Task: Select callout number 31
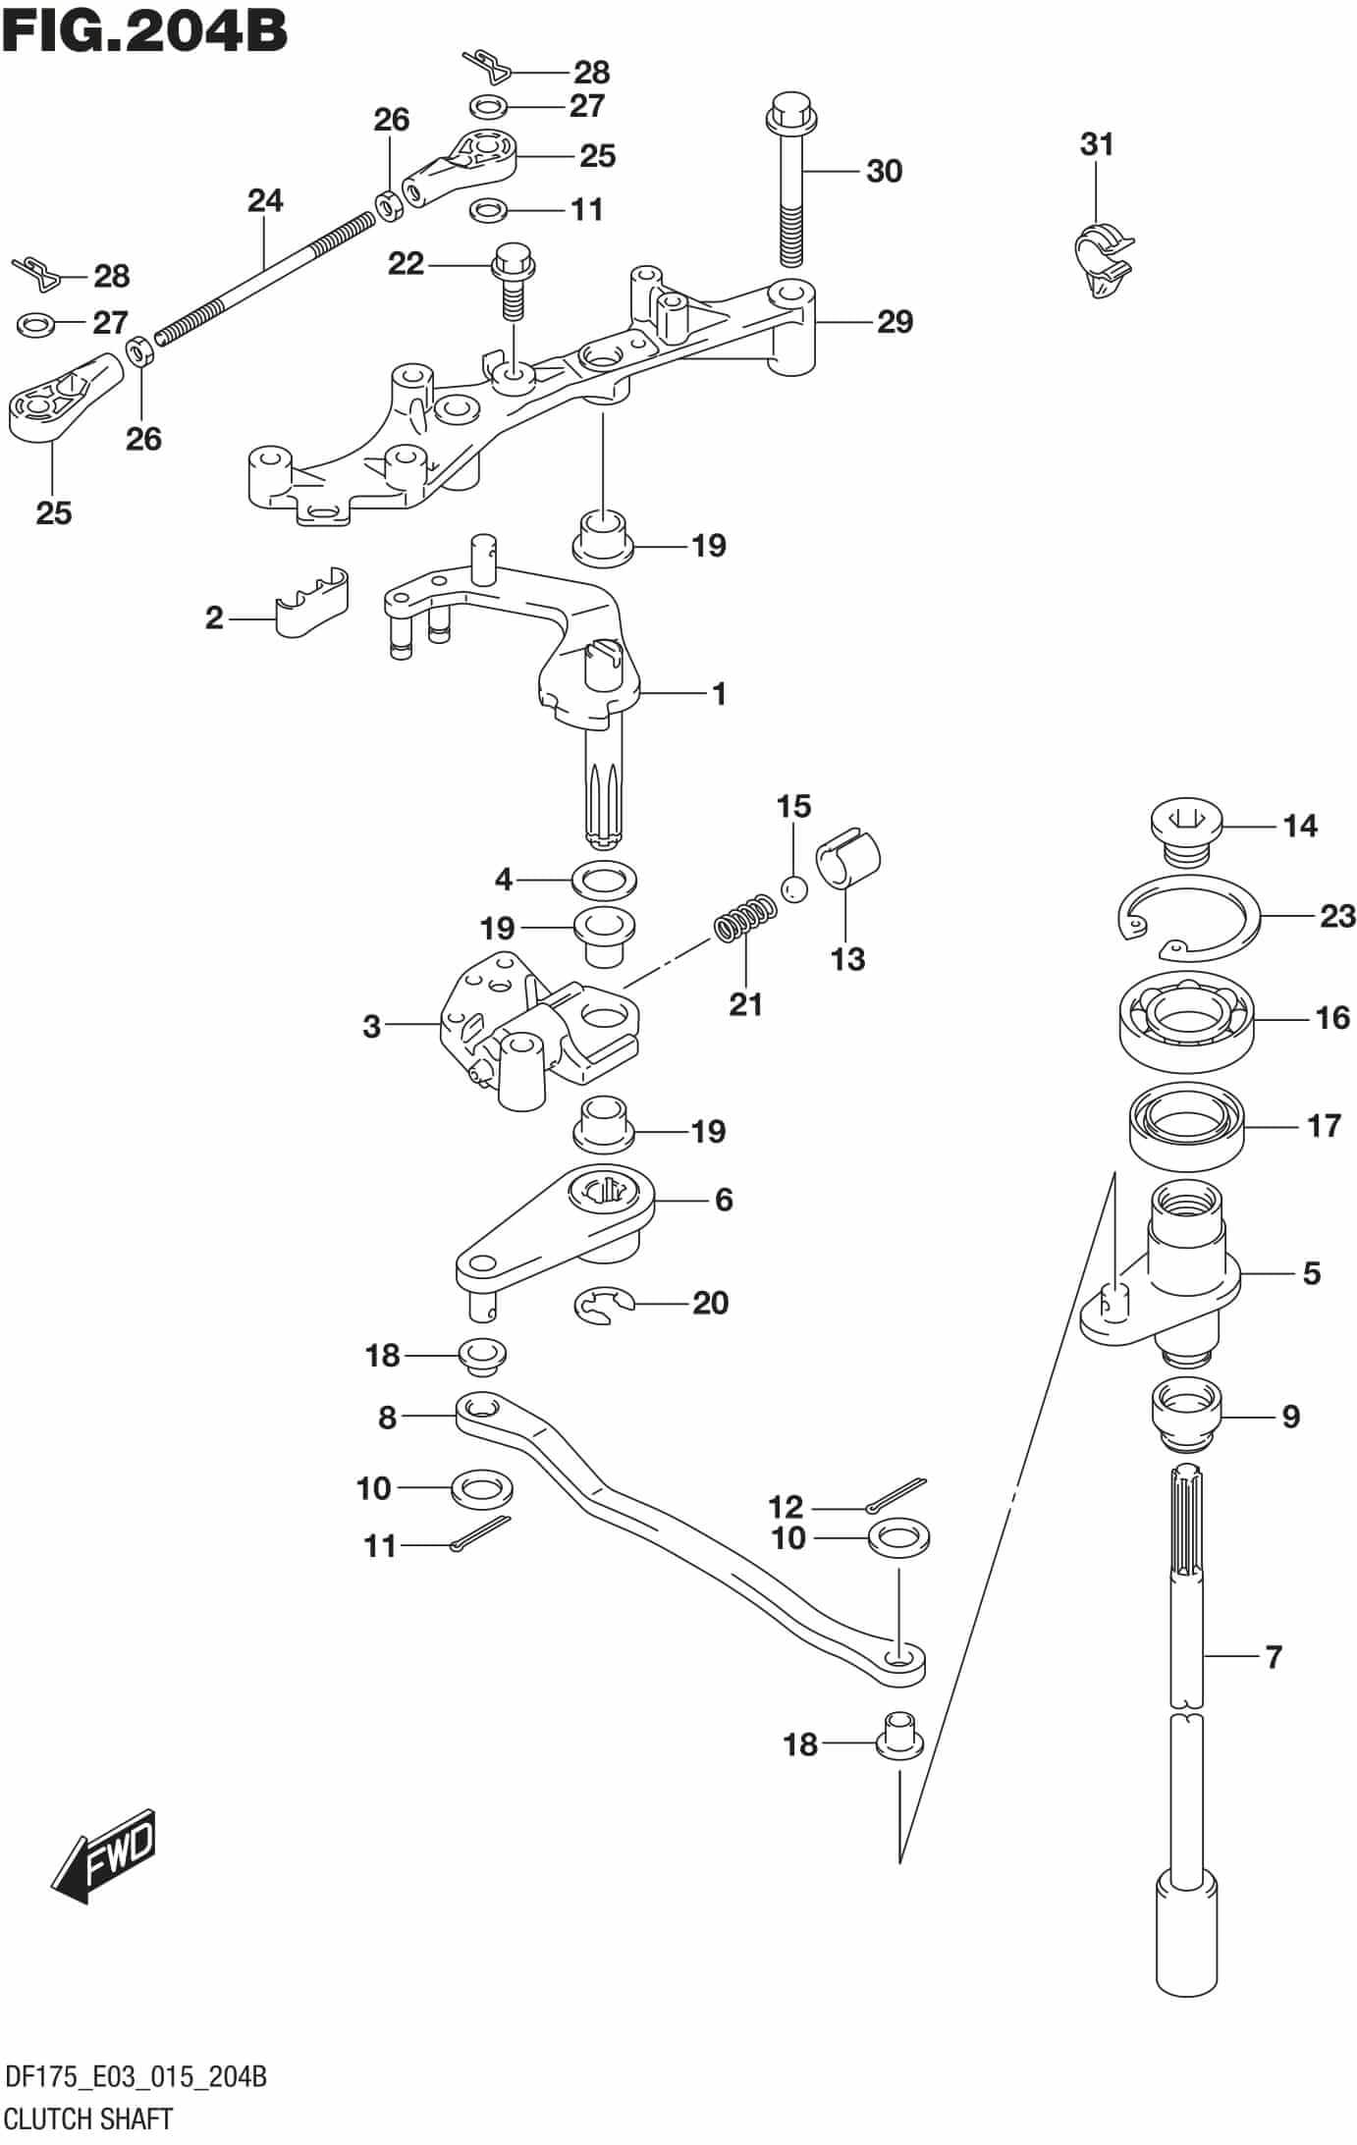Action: [1097, 144]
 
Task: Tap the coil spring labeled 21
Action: [744, 917]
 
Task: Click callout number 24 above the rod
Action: [265, 200]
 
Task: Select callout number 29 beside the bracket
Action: [895, 322]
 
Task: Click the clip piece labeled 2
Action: [311, 601]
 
